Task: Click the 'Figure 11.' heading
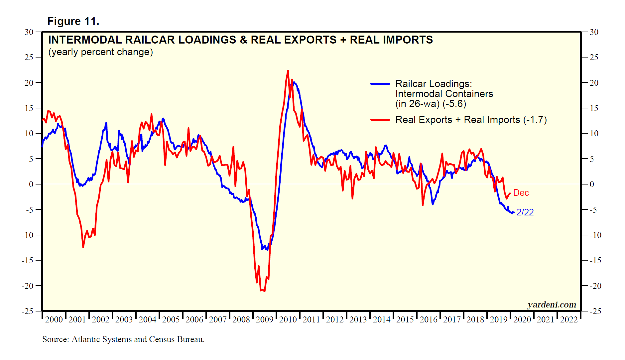coord(73,21)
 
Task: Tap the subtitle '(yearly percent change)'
coord(100,52)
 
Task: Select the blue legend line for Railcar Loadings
coord(380,84)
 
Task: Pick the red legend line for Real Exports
coord(380,120)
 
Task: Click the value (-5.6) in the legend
coord(454,104)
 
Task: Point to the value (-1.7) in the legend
coord(535,120)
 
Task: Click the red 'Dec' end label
coord(521,193)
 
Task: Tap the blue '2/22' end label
coord(525,212)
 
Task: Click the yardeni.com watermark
coord(552,304)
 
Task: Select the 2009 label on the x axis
coord(265,320)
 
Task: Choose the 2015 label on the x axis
coord(405,320)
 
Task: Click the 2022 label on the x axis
coord(569,320)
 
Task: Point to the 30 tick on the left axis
coord(29,32)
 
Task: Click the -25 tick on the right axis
coord(595,311)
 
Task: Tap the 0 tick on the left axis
coord(31,184)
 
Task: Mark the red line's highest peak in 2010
coord(288,71)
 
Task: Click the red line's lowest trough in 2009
coord(264,291)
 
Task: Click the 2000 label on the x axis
coord(54,320)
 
